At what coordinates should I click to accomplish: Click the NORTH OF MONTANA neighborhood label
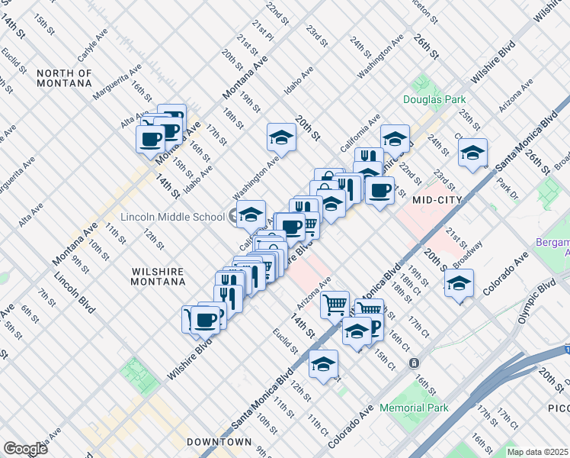[x=64, y=79]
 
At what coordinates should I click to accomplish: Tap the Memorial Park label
[x=415, y=408]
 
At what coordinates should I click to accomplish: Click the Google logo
[x=25, y=449]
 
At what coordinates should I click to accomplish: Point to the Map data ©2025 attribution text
[x=537, y=452]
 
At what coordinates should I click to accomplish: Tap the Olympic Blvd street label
[x=536, y=302]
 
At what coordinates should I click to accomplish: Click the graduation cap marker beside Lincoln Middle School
[x=251, y=215]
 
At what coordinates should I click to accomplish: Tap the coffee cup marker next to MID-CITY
[x=379, y=190]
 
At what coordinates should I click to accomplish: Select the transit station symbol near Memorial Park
[x=414, y=363]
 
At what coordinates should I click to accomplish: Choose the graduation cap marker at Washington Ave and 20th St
[x=280, y=137]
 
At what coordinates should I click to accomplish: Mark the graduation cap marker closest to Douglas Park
[x=395, y=139]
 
